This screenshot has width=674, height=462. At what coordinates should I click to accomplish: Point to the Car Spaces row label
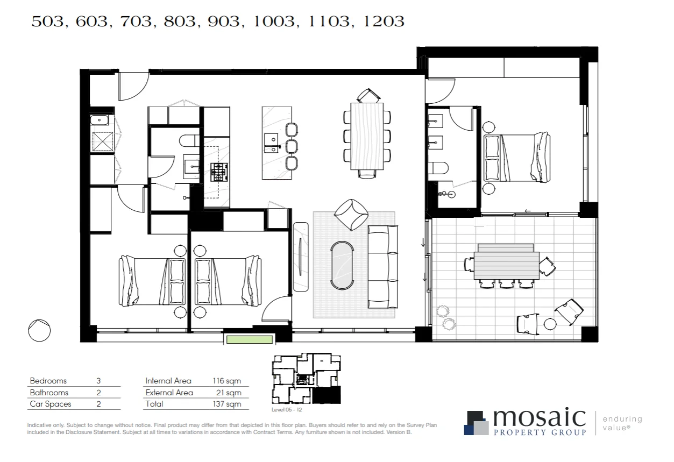pyautogui.click(x=51, y=404)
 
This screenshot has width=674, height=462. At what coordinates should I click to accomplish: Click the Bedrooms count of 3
pyautogui.click(x=98, y=381)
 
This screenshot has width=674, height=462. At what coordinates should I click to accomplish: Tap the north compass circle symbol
pyautogui.click(x=39, y=330)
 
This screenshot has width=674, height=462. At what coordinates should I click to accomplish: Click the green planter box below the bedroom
pyautogui.click(x=249, y=339)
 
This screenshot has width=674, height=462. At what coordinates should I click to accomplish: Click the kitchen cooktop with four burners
pyautogui.click(x=218, y=172)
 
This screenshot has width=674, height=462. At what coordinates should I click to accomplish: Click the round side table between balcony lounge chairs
pyautogui.click(x=549, y=324)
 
